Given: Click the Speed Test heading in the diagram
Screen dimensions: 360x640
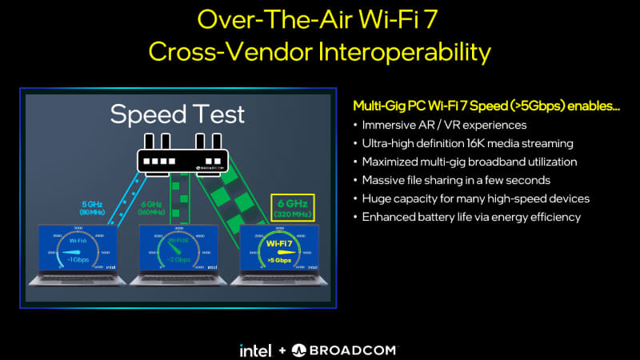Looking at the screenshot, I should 178,115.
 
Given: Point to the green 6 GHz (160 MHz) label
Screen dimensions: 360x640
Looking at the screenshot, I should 150,208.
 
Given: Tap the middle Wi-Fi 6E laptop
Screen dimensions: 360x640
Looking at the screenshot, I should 178,254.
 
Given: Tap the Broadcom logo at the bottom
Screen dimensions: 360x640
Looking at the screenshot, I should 343,350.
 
